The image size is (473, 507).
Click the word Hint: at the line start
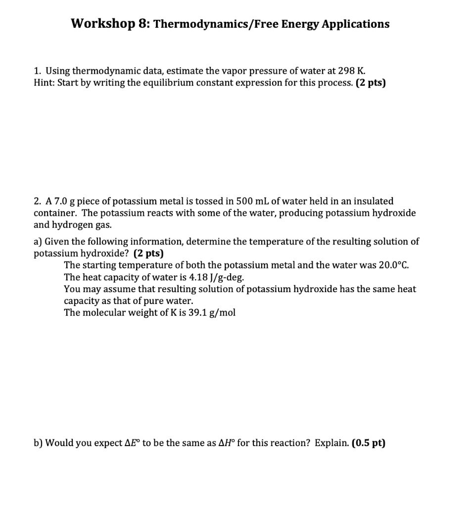tap(44, 83)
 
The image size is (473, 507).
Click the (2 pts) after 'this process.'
tap(371, 83)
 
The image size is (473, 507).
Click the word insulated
tap(374, 201)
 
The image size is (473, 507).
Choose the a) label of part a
tap(38, 242)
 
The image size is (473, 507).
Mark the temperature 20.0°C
tap(394, 265)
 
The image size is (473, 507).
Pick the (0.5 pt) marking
tap(368, 443)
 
